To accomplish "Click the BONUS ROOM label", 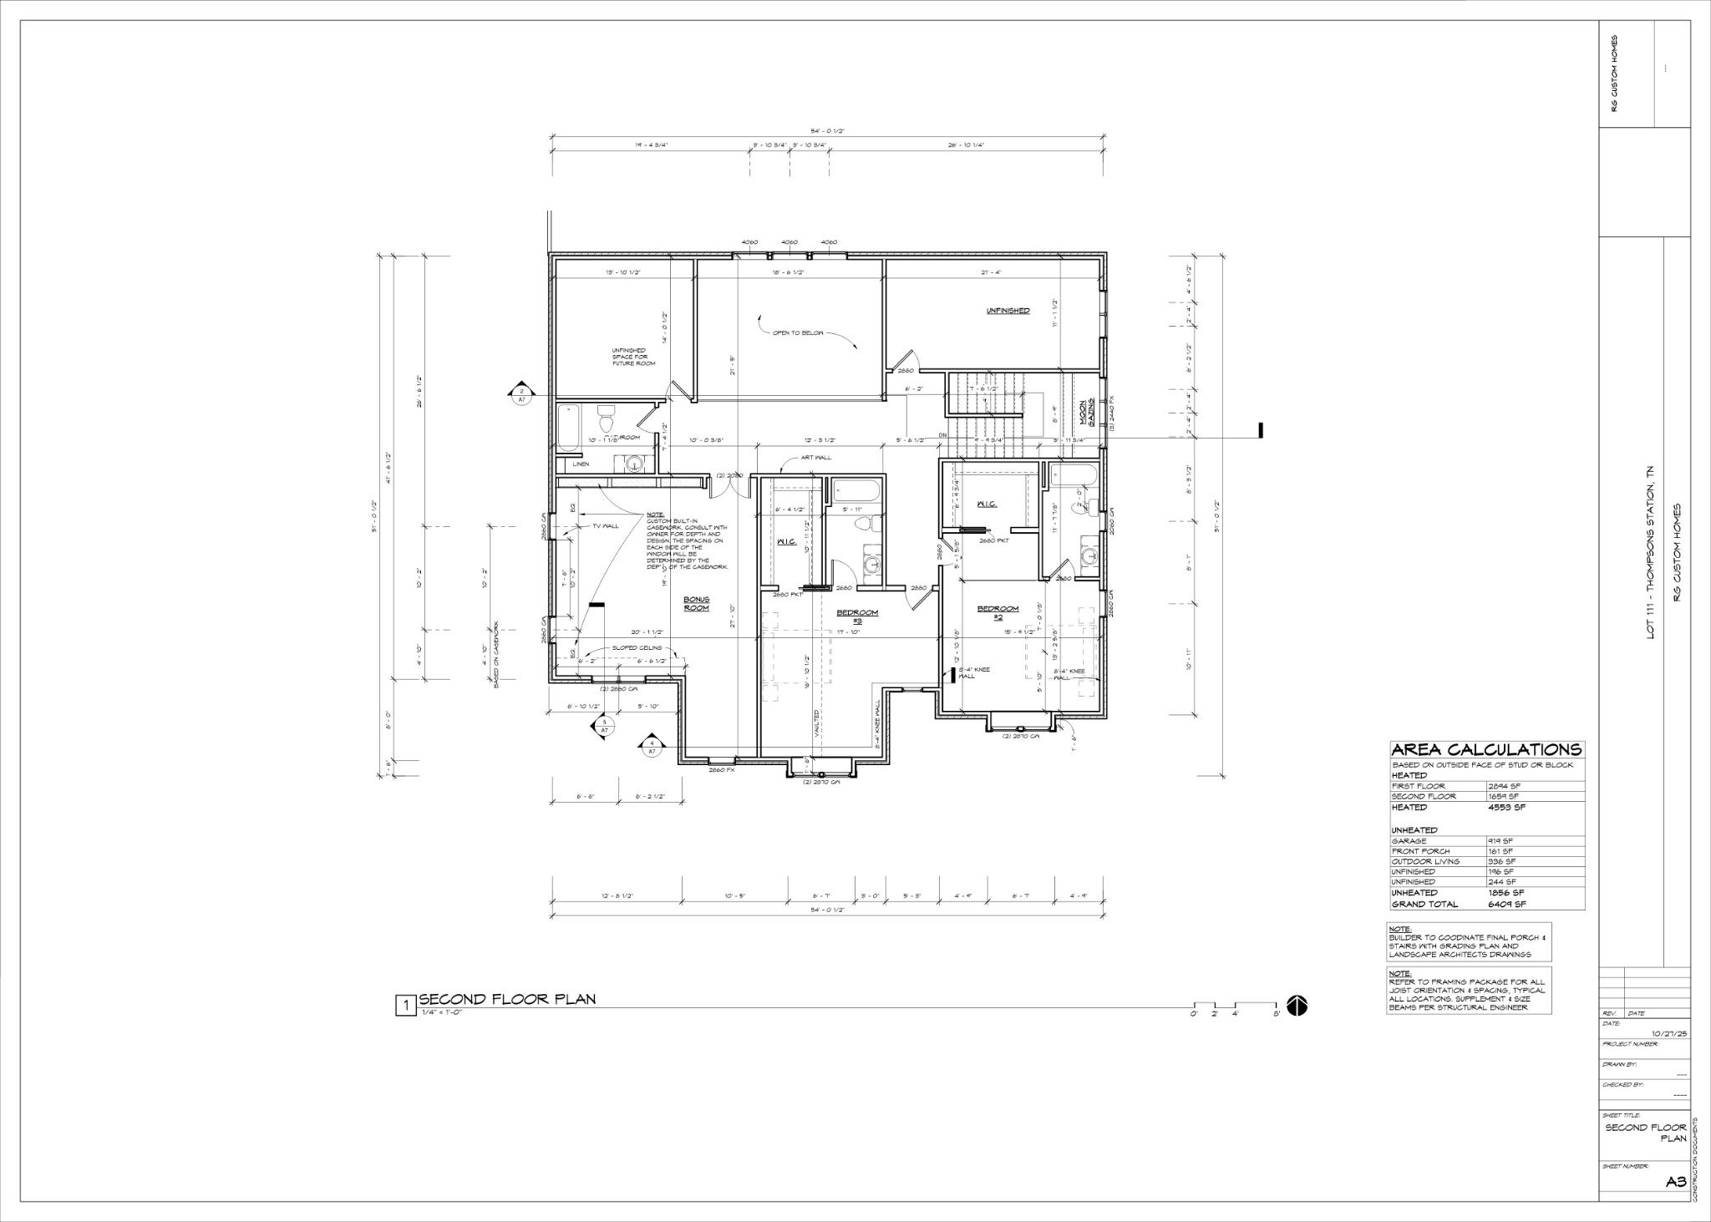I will tap(696, 603).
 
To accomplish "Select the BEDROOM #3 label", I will tap(857, 616).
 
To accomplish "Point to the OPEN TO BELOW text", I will tap(797, 332).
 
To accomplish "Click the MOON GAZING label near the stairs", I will tap(1085, 413).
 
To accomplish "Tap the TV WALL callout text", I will tap(605, 526).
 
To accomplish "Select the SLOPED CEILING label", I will tap(637, 647).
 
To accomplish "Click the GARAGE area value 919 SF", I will tap(1500, 841).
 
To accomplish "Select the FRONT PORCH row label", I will tap(1419, 851).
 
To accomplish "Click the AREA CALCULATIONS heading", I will tap(1486, 749).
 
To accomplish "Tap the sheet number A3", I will tap(1675, 1181).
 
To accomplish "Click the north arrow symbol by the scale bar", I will tap(1297, 1007).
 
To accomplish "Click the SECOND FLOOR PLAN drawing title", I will tap(507, 999).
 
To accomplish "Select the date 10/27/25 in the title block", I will tap(1669, 1033).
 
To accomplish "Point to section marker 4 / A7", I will tap(652, 746).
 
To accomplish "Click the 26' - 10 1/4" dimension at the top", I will tap(966, 145).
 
